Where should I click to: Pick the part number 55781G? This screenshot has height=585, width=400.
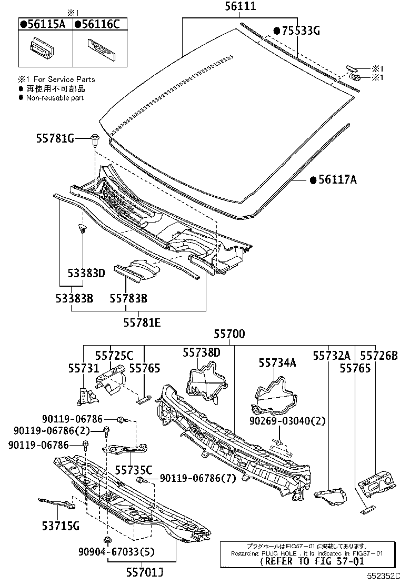coord(55,138)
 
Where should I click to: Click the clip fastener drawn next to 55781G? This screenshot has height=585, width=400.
coord(95,140)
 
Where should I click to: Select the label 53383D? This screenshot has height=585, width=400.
coord(86,274)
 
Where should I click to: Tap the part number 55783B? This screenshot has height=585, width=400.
coord(128,298)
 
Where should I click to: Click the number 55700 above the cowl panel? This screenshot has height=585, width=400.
coord(229,334)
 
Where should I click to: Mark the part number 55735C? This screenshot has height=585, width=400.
coord(133,469)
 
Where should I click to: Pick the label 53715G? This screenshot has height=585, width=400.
coord(61,525)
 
